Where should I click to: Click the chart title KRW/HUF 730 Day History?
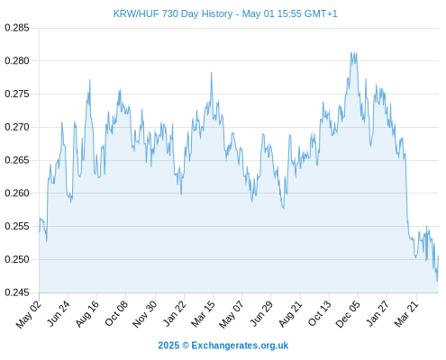tap(173, 13)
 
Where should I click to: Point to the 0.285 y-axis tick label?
tap(17, 28)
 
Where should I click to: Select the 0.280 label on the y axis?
tap(17, 61)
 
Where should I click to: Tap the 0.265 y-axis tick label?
tap(17, 160)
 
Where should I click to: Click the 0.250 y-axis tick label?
tap(17, 259)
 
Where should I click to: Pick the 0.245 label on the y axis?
tap(17, 292)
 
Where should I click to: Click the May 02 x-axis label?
tap(29, 314)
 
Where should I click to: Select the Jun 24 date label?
tap(59, 313)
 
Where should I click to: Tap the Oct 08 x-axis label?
tap(116, 313)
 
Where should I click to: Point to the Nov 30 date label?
tap(144, 314)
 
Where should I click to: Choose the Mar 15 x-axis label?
tap(203, 314)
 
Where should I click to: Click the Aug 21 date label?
tap(290, 314)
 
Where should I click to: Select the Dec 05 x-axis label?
tap(347, 314)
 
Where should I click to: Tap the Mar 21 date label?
tap(406, 314)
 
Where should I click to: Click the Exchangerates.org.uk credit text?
tap(240, 346)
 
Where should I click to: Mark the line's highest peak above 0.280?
tap(351, 53)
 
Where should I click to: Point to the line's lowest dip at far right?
tap(437, 282)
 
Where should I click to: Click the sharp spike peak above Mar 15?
tap(212, 72)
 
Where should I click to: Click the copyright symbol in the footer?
tap(186, 346)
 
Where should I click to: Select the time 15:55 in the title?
tap(289, 13)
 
